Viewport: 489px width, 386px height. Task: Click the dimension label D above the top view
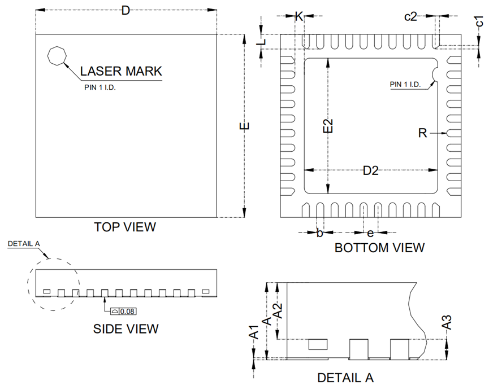pyautogui.click(x=126, y=11)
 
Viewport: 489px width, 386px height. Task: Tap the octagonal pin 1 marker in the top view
pyautogui.click(x=57, y=56)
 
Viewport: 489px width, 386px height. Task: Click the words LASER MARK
pyautogui.click(x=121, y=71)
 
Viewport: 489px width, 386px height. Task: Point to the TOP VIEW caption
pyautogui.click(x=125, y=227)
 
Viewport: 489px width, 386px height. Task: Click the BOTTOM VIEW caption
pyautogui.click(x=379, y=248)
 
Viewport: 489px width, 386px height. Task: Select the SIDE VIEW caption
pyautogui.click(x=126, y=329)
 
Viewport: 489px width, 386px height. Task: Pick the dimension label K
pyautogui.click(x=299, y=16)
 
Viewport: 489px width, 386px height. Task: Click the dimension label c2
pyautogui.click(x=410, y=16)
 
